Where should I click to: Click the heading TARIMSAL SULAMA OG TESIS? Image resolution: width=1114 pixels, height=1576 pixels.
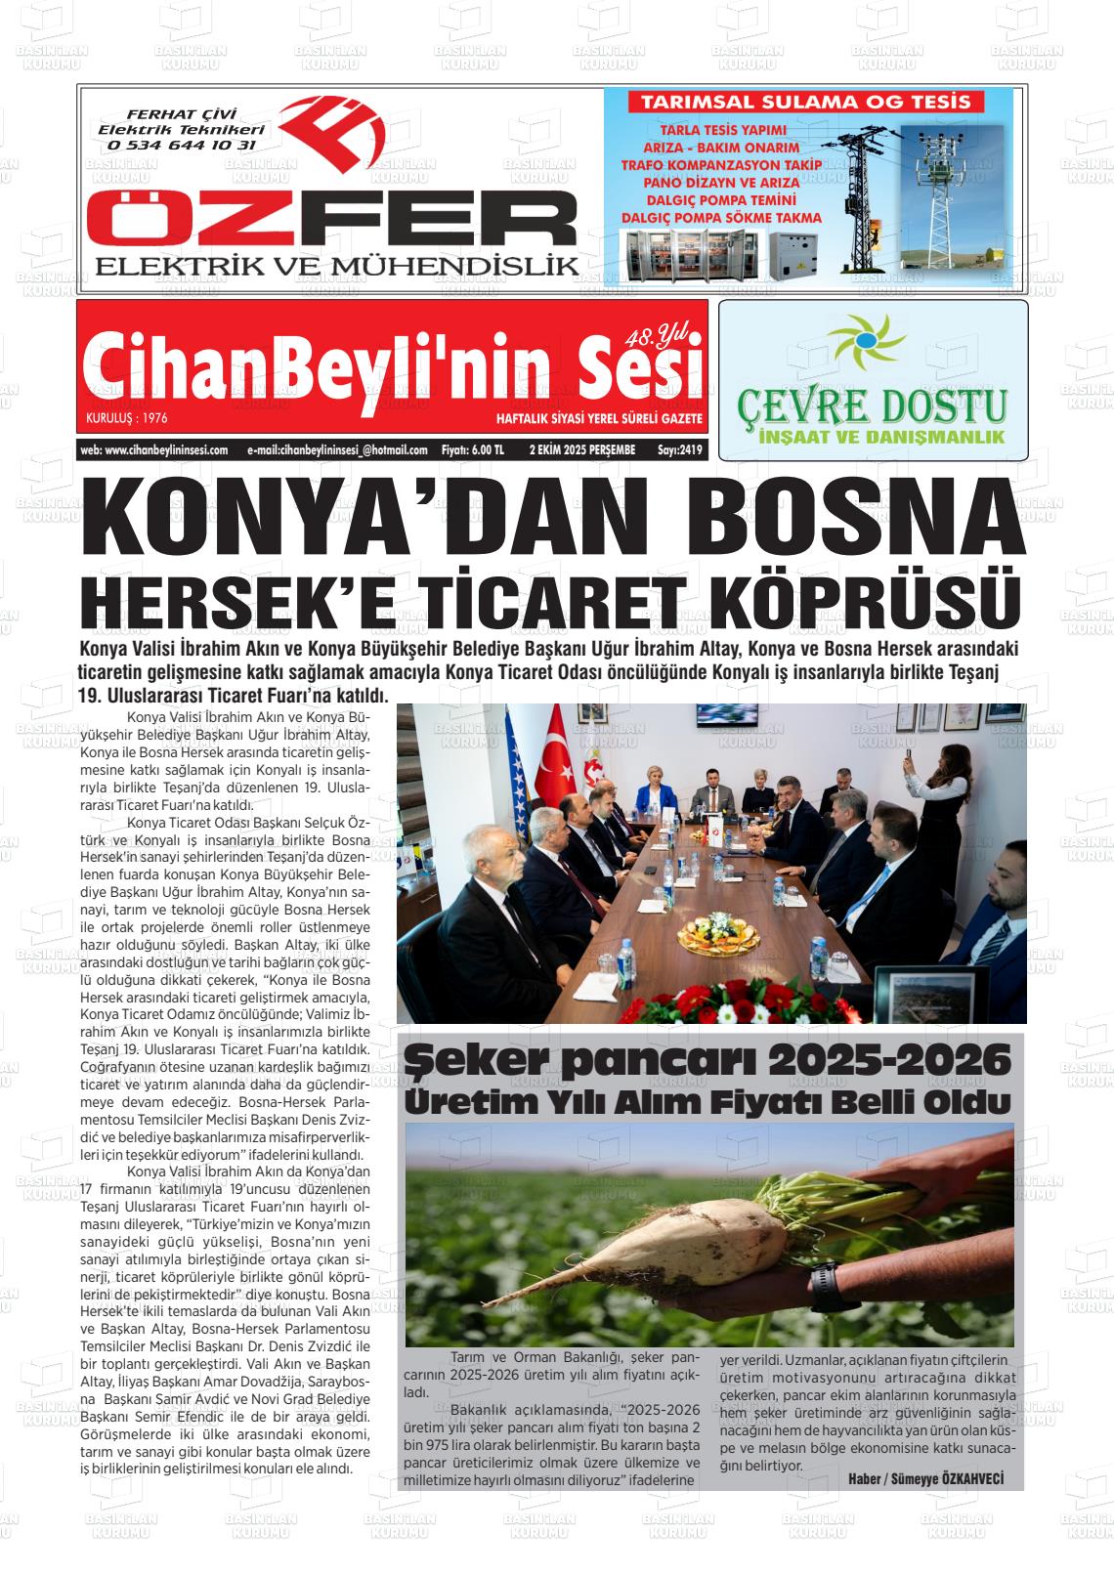point(805,102)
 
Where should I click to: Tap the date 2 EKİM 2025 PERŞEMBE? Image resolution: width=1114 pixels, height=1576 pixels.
point(582,450)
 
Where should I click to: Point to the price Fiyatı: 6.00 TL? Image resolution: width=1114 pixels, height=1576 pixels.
point(473,450)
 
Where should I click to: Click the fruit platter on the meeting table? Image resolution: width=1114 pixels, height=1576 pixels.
point(721,940)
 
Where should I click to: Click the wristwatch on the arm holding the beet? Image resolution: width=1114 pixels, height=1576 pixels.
point(825,1284)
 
